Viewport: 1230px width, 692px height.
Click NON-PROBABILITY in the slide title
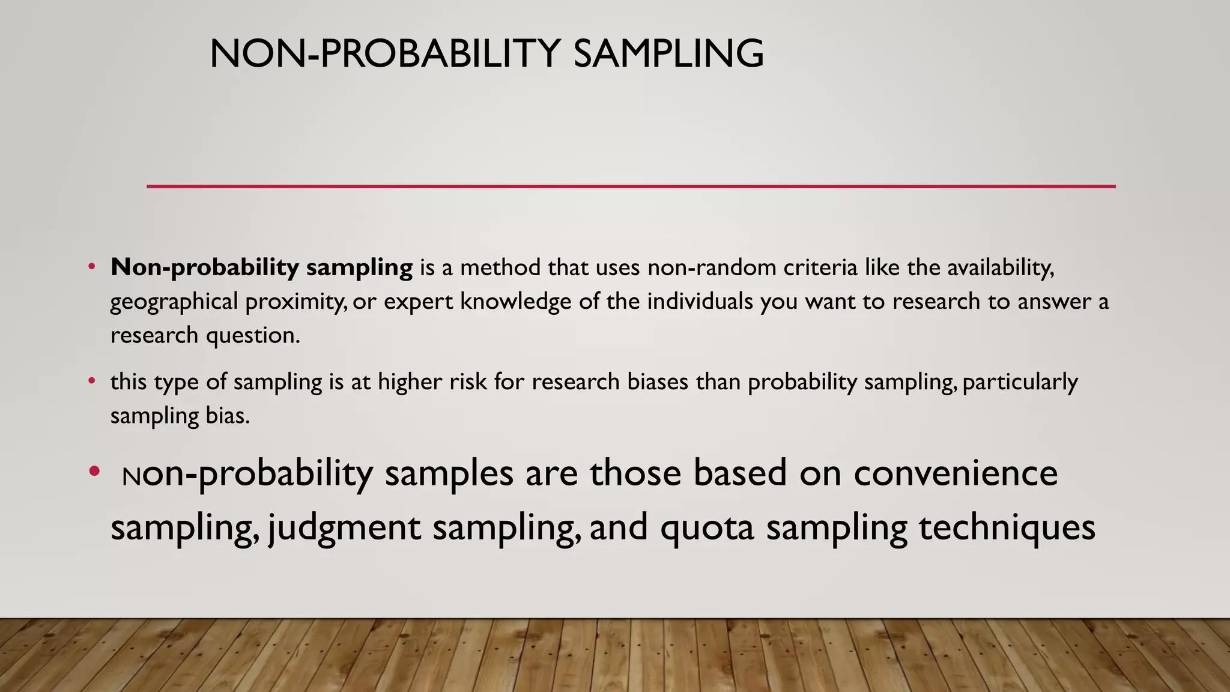click(384, 53)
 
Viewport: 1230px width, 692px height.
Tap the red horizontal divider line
click(631, 186)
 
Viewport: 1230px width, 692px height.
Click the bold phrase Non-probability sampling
click(261, 267)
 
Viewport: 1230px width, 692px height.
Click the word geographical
click(174, 302)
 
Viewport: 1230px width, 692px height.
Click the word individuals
click(700, 302)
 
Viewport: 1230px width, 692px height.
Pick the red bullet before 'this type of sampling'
click(91, 381)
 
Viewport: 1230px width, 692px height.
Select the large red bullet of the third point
click(94, 472)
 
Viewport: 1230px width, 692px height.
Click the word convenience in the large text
click(956, 473)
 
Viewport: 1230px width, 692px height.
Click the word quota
click(707, 528)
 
